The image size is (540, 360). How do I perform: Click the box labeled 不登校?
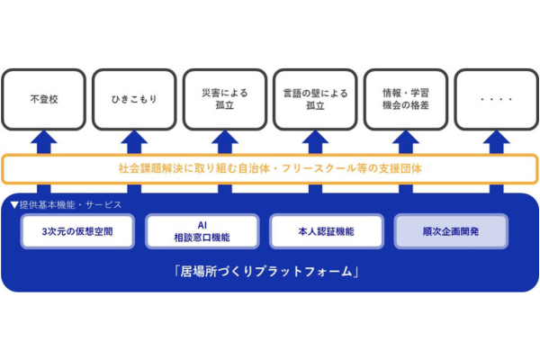point(44,99)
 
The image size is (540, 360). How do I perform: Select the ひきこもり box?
point(134,99)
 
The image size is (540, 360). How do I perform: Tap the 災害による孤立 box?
point(225,99)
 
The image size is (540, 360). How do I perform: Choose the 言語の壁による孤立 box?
point(315,99)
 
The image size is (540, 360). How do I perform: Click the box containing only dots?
point(496,99)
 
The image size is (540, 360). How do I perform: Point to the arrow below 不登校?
point(44,141)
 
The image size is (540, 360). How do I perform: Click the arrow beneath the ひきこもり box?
point(134,141)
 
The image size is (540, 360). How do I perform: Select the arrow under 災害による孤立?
point(225,141)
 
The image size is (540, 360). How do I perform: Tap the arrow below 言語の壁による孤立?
point(315,141)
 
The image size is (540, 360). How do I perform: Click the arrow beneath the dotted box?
point(496,141)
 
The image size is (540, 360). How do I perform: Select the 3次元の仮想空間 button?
point(78,231)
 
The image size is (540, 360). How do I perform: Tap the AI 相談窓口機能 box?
point(201,231)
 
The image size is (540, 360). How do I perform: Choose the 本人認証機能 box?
point(325,231)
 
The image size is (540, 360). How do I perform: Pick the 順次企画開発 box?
point(451,231)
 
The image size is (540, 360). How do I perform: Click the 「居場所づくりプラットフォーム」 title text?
point(269,271)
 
